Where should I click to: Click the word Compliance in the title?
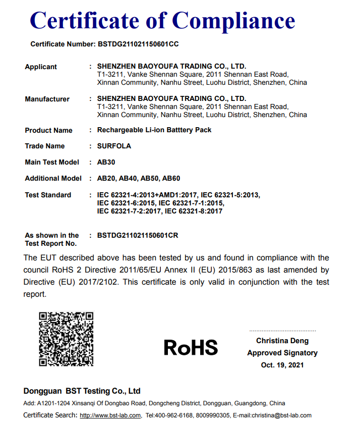[233, 20]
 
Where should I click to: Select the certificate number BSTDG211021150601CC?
[138, 44]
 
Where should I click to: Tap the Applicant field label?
[41, 67]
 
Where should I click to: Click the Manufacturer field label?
[47, 99]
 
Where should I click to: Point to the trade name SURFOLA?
[114, 146]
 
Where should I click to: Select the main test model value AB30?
[105, 162]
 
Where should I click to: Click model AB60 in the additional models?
[171, 178]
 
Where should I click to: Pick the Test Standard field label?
[48, 195]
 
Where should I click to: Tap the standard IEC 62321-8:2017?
[194, 211]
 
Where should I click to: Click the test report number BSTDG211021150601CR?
[138, 235]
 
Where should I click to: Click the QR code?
[67, 339]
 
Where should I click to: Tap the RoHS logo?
[191, 347]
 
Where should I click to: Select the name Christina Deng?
[282, 341]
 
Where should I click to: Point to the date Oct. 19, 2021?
[282, 365]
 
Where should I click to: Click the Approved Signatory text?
[282, 353]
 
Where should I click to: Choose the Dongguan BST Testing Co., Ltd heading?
[82, 391]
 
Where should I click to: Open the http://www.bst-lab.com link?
[110, 415]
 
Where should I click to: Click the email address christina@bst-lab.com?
[279, 415]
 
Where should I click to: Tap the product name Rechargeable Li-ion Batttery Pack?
[154, 130]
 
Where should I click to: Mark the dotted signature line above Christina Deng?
[282, 331]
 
